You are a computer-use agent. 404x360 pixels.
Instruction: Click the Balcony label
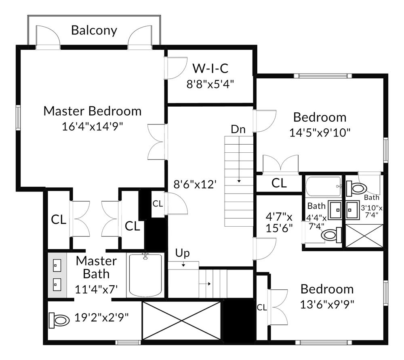tap(94, 30)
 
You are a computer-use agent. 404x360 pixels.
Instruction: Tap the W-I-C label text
tap(210, 68)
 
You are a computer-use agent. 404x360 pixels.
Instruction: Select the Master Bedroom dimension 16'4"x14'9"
tap(92, 126)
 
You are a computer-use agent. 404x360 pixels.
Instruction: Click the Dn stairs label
tap(238, 129)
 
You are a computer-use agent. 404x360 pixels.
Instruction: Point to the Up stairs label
tap(182, 253)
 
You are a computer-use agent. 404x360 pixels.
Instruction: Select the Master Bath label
tap(96, 267)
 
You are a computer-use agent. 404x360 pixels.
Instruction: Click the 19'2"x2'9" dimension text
tap(102, 317)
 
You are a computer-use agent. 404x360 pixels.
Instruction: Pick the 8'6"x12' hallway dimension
tap(195, 185)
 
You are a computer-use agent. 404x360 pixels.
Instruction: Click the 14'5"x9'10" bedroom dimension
tap(320, 132)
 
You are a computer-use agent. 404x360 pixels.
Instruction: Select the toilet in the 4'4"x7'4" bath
tap(332, 235)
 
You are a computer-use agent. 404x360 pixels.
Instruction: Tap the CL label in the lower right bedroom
tap(262, 307)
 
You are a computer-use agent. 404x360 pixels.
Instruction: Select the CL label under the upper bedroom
tap(279, 183)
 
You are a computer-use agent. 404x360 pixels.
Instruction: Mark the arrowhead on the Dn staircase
tap(239, 181)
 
